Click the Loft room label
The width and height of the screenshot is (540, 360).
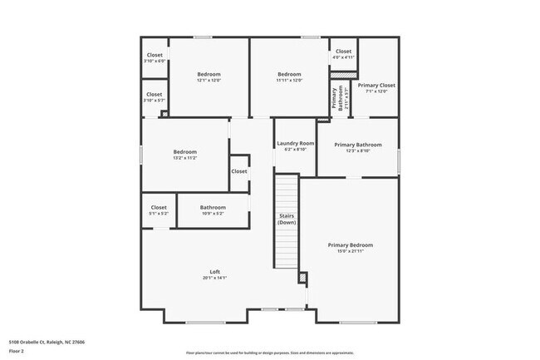pos(214,272)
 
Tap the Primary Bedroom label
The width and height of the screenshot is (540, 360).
pos(350,244)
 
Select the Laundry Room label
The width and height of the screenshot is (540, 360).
pos(295,143)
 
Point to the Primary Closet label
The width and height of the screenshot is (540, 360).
pos(376,85)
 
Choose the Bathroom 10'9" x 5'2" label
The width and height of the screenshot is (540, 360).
pos(213,207)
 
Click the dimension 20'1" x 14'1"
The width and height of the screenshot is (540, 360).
pos(214,278)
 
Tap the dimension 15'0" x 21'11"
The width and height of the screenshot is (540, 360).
pos(350,251)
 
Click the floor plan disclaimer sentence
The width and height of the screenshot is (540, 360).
pos(269,352)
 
